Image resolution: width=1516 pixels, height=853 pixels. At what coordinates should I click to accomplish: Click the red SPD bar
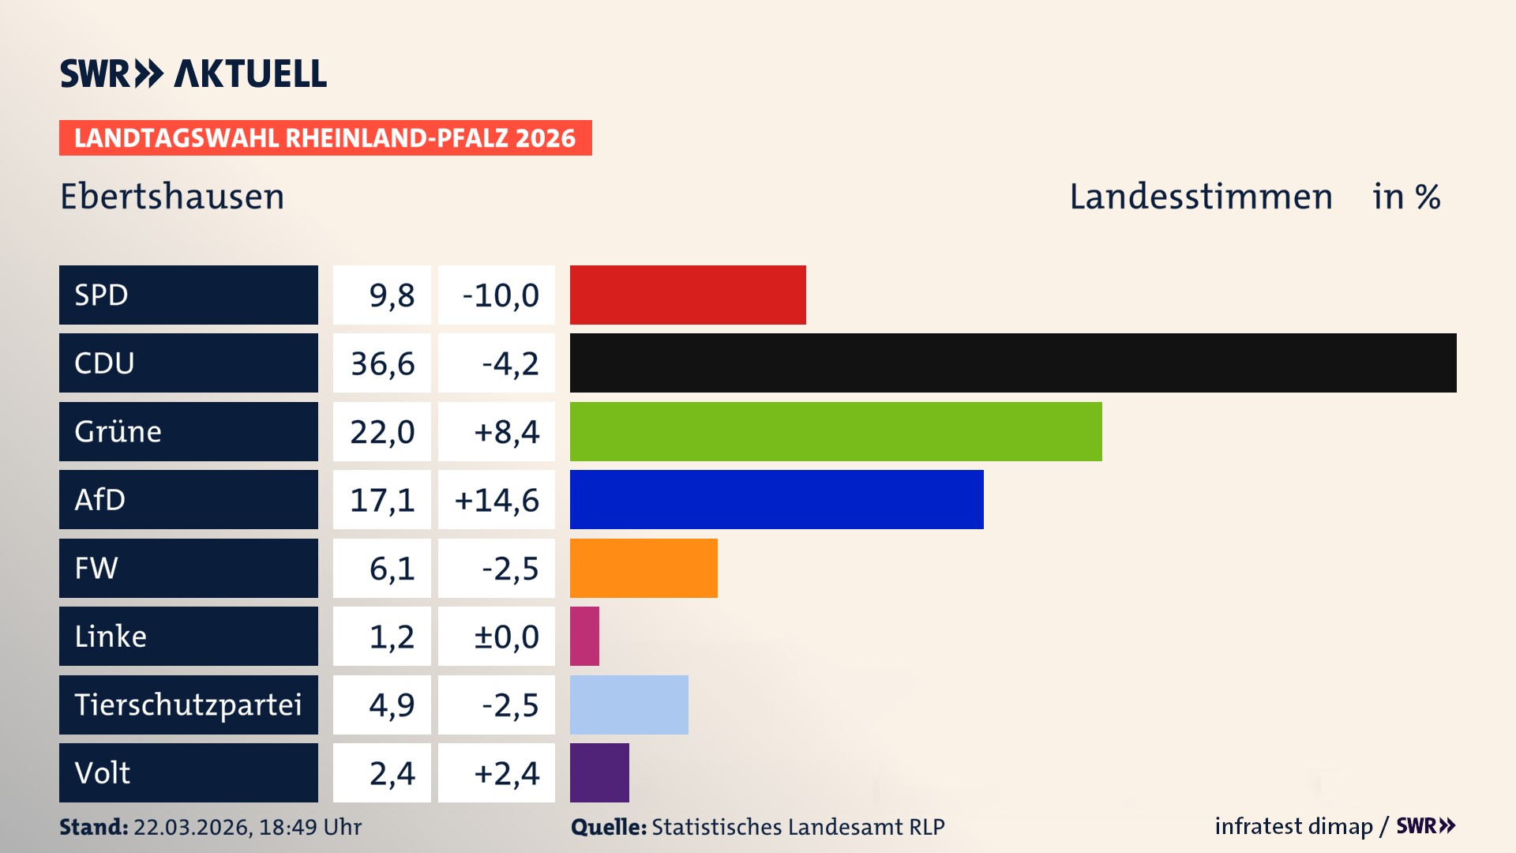click(x=688, y=295)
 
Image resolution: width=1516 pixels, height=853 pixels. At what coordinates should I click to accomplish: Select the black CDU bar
click(x=1013, y=363)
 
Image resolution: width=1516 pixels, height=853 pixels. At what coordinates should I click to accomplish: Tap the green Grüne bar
click(x=835, y=431)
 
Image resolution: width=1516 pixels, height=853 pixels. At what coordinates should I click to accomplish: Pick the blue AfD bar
click(x=776, y=499)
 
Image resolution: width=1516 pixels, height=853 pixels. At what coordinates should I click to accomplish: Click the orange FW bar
click(x=644, y=568)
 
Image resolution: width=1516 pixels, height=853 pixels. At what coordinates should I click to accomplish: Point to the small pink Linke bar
click(x=584, y=636)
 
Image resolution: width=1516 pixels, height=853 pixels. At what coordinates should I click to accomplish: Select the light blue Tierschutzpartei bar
click(x=629, y=705)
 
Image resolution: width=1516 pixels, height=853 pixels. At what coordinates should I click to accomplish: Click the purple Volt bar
click(x=599, y=772)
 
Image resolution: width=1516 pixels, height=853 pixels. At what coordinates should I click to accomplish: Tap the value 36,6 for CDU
click(x=382, y=363)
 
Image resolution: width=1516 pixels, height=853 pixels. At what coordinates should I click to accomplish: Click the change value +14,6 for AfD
click(x=497, y=500)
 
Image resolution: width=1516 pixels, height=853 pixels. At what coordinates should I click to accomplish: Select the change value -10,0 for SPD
click(x=500, y=295)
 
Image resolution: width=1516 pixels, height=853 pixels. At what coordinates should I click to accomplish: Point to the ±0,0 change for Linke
click(x=505, y=637)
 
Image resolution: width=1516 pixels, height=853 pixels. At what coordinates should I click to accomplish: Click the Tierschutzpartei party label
click(x=188, y=705)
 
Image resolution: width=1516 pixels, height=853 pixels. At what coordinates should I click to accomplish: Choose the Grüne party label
click(x=118, y=431)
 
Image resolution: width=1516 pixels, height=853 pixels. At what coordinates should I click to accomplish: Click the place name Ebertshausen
click(x=172, y=197)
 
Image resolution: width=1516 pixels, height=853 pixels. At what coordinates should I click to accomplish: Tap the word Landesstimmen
click(x=1200, y=197)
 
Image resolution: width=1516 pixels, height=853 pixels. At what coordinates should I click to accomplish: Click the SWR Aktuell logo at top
click(x=193, y=73)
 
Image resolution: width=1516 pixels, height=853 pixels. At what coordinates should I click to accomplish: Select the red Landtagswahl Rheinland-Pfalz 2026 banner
click(x=325, y=138)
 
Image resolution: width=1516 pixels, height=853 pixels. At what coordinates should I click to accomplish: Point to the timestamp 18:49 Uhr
click(x=310, y=827)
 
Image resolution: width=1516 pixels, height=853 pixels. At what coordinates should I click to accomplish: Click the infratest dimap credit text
click(x=1293, y=826)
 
